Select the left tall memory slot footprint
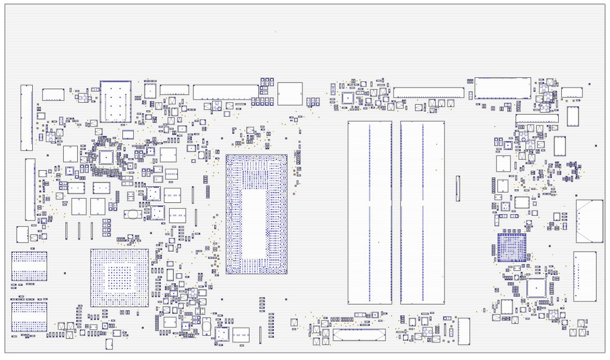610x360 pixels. pyautogui.click(x=369, y=212)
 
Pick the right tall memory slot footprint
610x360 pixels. pyautogui.click(x=422, y=212)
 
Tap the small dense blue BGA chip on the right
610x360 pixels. pyautogui.click(x=511, y=247)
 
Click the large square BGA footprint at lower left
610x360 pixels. pyautogui.click(x=119, y=278)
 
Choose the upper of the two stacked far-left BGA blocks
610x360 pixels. pyautogui.click(x=29, y=266)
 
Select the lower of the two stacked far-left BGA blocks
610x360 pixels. pyautogui.click(x=29, y=316)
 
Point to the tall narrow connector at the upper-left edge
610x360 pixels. pyautogui.click(x=26, y=118)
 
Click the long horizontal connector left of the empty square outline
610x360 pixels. pyautogui.click(x=226, y=92)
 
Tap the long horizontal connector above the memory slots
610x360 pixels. pyautogui.click(x=428, y=93)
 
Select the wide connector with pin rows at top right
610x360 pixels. pyautogui.click(x=503, y=88)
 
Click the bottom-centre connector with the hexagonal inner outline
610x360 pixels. pyautogui.click(x=359, y=335)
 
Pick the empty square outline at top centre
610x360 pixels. pyautogui.click(x=290, y=93)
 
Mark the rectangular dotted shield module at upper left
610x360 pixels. pyautogui.click(x=115, y=102)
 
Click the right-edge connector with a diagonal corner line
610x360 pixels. pyautogui.click(x=589, y=221)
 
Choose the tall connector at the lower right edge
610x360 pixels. pyautogui.click(x=585, y=276)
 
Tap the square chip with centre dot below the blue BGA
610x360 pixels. pyautogui.click(x=536, y=288)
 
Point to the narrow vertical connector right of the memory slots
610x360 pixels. pyautogui.click(x=457, y=188)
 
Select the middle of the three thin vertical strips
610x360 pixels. pyautogui.click(x=79, y=230)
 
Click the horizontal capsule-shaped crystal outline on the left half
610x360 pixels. pyautogui.click(x=133, y=213)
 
